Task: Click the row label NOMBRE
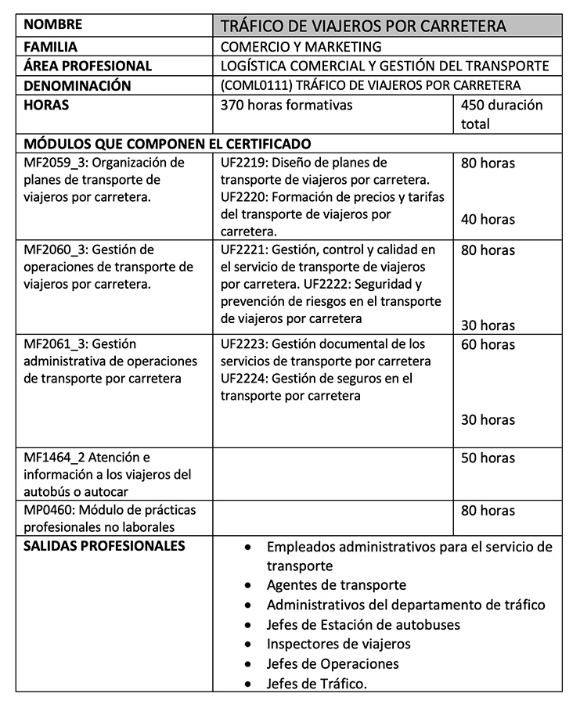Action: pos(53,24)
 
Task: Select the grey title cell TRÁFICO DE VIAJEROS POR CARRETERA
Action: pos(363,26)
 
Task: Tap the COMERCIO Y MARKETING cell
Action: pos(301,47)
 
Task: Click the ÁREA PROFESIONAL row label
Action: pos(88,66)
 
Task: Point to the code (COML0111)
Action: pos(254,85)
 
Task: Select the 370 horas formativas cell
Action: pos(286,105)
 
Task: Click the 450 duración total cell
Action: pos(502,114)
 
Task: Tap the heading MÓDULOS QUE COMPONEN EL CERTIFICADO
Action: pos(168,144)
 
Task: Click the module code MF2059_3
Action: pos(56,163)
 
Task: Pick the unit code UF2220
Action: pos(245,197)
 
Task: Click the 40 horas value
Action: pos(488,219)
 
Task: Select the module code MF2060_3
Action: pos(56,250)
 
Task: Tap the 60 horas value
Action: pos(488,344)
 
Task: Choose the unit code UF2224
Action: pos(245,379)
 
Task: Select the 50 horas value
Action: pos(488,458)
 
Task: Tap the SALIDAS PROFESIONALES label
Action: pos(105,546)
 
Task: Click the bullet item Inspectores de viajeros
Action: pos(338,644)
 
